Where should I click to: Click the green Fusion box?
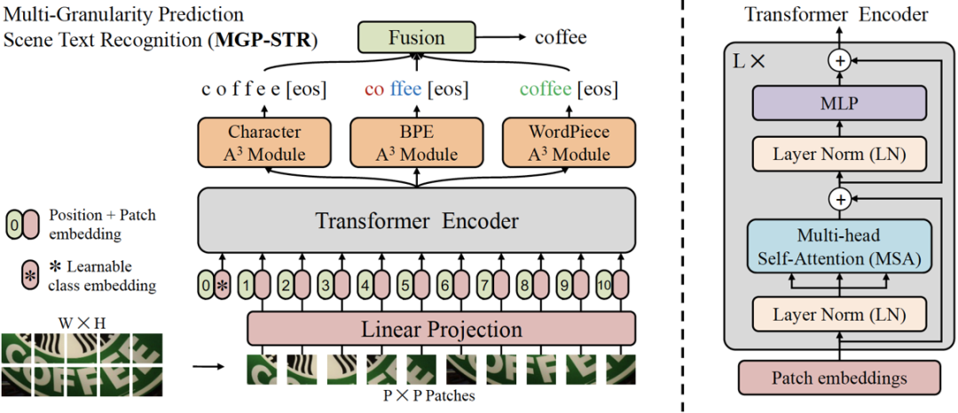pyautogui.click(x=417, y=38)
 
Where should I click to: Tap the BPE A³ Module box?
pyautogui.click(x=417, y=143)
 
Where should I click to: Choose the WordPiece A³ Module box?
pyautogui.click(x=569, y=143)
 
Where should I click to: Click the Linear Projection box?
pyautogui.click(x=441, y=329)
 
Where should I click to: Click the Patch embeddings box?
pyautogui.click(x=839, y=377)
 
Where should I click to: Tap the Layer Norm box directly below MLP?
pyautogui.click(x=838, y=154)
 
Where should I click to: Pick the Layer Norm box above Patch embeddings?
pyautogui.click(x=838, y=314)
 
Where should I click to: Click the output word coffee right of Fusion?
pyautogui.click(x=561, y=38)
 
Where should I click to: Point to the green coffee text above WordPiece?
pyautogui.click(x=546, y=90)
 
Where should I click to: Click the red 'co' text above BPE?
pyautogui.click(x=376, y=90)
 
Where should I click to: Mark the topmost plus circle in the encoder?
pyautogui.click(x=838, y=60)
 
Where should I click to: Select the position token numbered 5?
pyautogui.click(x=404, y=286)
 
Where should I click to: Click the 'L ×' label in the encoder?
pyautogui.click(x=746, y=64)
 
